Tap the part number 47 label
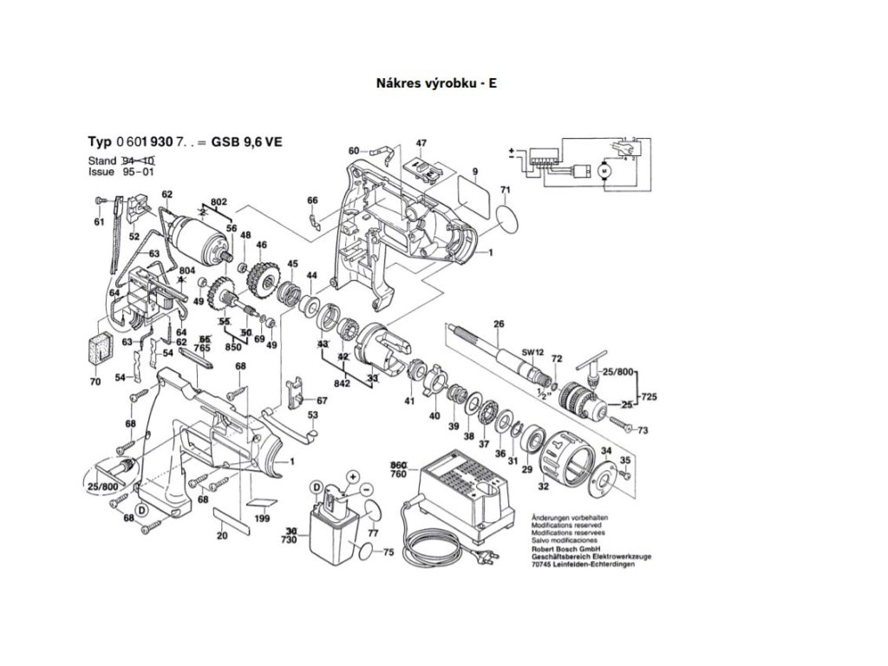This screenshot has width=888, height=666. (x=421, y=143)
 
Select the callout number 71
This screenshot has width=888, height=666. (x=506, y=189)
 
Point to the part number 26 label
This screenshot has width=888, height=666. (x=498, y=325)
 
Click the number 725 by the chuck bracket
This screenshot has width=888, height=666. (x=648, y=397)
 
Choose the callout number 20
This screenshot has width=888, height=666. (x=222, y=536)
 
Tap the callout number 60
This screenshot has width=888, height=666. (x=354, y=151)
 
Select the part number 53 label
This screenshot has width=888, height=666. (x=312, y=415)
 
